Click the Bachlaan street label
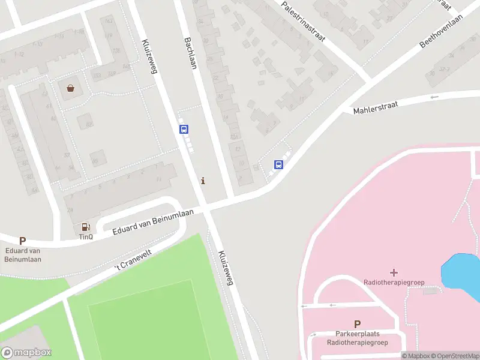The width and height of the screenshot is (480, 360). (x=190, y=53)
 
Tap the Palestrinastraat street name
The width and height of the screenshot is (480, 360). (x=302, y=20)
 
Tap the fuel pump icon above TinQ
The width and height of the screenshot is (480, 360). (x=86, y=227)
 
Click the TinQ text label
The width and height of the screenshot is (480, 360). (x=86, y=237)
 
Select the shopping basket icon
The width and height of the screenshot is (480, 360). (x=71, y=89)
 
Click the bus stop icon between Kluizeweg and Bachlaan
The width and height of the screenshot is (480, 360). (x=184, y=129)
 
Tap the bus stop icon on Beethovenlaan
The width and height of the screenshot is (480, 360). (x=278, y=164)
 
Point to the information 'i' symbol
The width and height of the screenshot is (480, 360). (x=203, y=181)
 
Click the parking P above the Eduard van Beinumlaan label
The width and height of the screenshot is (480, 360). (x=23, y=241)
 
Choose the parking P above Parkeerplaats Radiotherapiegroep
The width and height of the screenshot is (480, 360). (x=357, y=323)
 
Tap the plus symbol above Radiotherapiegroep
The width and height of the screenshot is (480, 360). (x=394, y=273)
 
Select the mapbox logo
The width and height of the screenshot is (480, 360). (x=26, y=353)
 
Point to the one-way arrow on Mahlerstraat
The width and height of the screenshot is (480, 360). (x=434, y=97)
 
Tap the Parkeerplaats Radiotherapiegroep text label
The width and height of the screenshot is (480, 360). (x=357, y=338)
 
